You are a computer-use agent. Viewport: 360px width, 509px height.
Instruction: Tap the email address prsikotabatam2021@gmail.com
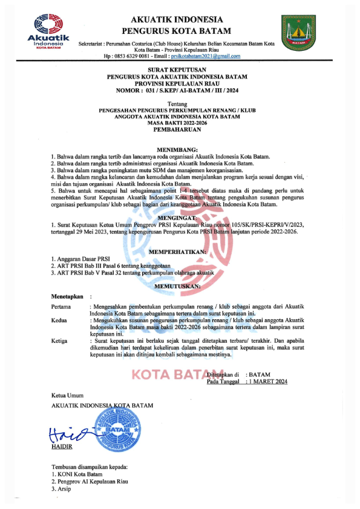(x=206, y=56)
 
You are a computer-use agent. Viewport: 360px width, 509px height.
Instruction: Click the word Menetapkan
(x=67, y=297)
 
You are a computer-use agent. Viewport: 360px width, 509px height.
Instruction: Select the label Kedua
(x=59, y=320)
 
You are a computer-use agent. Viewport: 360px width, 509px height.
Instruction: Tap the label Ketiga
(x=60, y=341)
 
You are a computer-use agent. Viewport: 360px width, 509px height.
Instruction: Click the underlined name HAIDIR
(x=62, y=448)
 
